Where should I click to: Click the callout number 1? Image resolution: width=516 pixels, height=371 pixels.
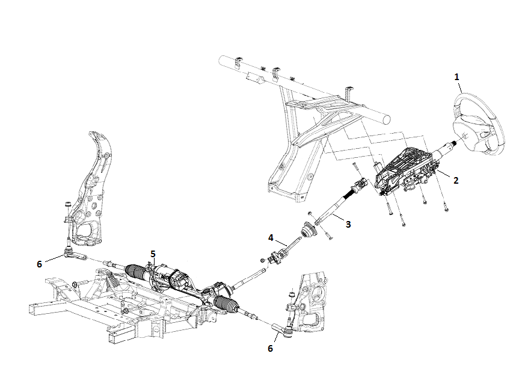tap(456, 77)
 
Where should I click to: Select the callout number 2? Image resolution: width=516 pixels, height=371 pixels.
tap(456, 180)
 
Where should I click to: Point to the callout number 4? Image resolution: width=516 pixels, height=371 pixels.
tap(271, 238)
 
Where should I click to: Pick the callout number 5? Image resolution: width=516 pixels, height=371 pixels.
tap(153, 254)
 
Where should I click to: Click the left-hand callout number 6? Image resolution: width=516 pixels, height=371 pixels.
tap(40, 264)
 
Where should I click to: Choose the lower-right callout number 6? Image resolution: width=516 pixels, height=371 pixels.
tap(270, 348)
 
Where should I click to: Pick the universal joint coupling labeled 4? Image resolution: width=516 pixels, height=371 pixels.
tap(278, 257)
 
